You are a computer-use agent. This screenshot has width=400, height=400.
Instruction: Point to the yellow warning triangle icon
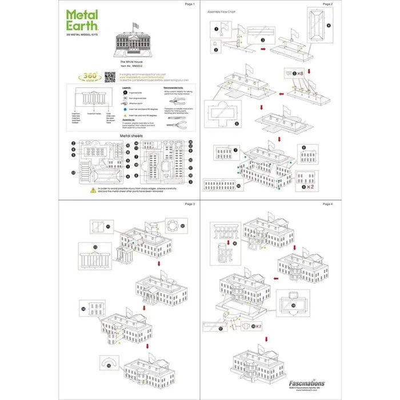pyautogui.click(x=93, y=190)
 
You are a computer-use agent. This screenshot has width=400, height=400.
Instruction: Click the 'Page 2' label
pyautogui.click(x=327, y=4)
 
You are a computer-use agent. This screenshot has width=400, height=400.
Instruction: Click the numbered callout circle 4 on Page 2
pyautogui.click(x=329, y=25)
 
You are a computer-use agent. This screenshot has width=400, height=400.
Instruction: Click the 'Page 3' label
pyautogui.click(x=190, y=204)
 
